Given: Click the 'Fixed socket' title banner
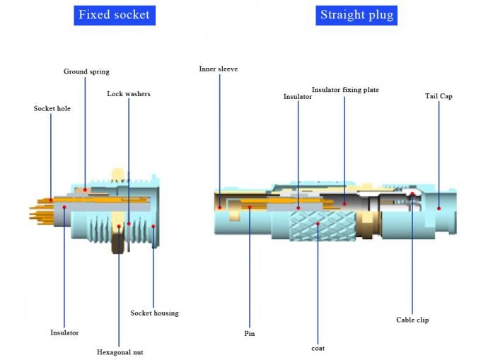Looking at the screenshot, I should point(114,15).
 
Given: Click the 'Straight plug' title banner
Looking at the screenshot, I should point(357,15).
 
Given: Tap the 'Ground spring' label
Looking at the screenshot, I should point(86,71).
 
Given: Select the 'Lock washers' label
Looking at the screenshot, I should point(129,94).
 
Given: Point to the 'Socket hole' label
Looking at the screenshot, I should point(52,108).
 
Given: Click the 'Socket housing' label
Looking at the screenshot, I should point(154,313).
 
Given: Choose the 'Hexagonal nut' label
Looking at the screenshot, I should point(120,351).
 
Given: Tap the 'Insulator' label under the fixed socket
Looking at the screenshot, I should point(64,332).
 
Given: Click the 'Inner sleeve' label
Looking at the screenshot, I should point(219,69).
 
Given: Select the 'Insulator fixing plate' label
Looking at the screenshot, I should point(345,90).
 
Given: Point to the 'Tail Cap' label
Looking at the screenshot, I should point(439,96).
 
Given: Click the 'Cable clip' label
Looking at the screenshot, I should point(412,320).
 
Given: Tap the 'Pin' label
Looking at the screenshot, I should point(250,333).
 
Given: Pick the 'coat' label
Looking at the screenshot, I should point(318,347).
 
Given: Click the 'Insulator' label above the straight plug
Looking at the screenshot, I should point(298,97).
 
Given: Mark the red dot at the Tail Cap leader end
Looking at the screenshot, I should point(439,208).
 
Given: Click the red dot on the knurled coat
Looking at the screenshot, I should point(318,224).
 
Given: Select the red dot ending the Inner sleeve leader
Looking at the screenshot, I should point(219,207).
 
